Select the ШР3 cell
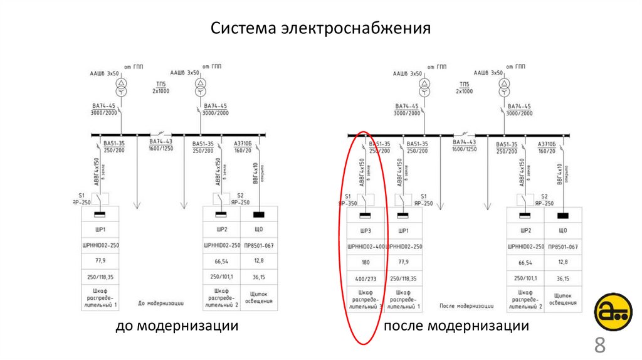coord(366,230)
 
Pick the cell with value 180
coord(366,262)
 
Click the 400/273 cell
coord(366,278)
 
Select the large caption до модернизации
coord(176,326)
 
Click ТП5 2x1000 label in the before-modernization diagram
coord(160,88)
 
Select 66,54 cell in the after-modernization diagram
coord(525,262)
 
